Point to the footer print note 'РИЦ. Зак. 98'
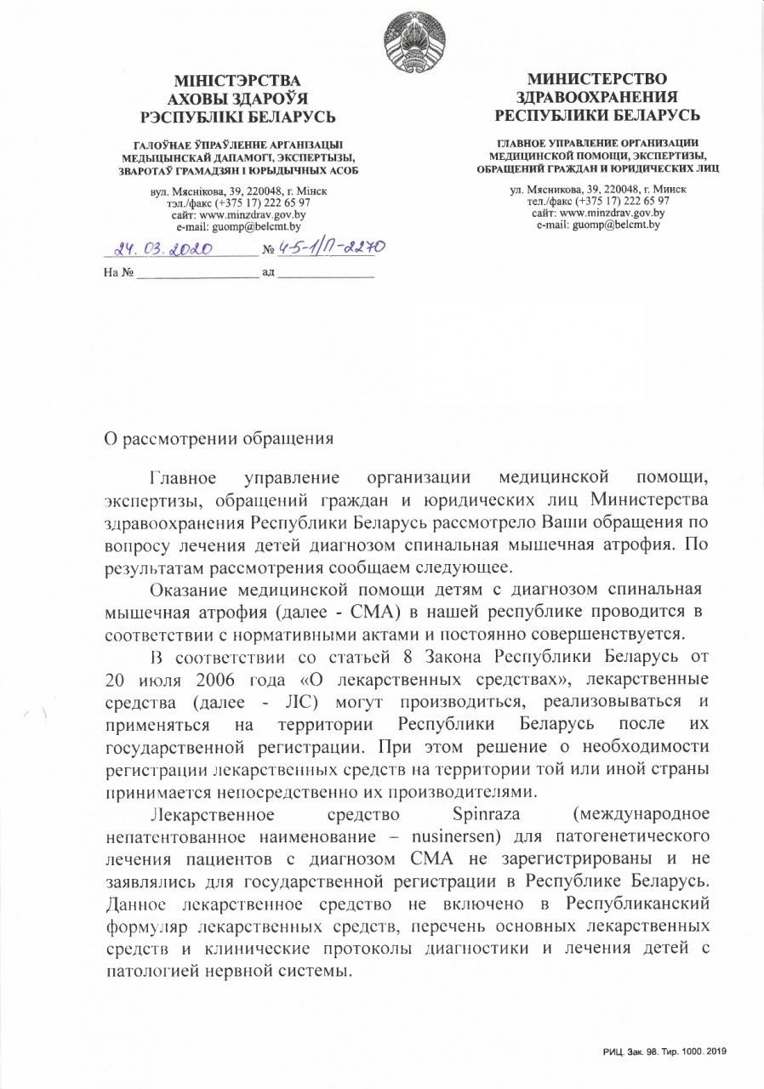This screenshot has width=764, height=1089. pyautogui.click(x=628, y=1052)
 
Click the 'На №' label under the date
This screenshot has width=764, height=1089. pyautogui.click(x=119, y=273)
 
